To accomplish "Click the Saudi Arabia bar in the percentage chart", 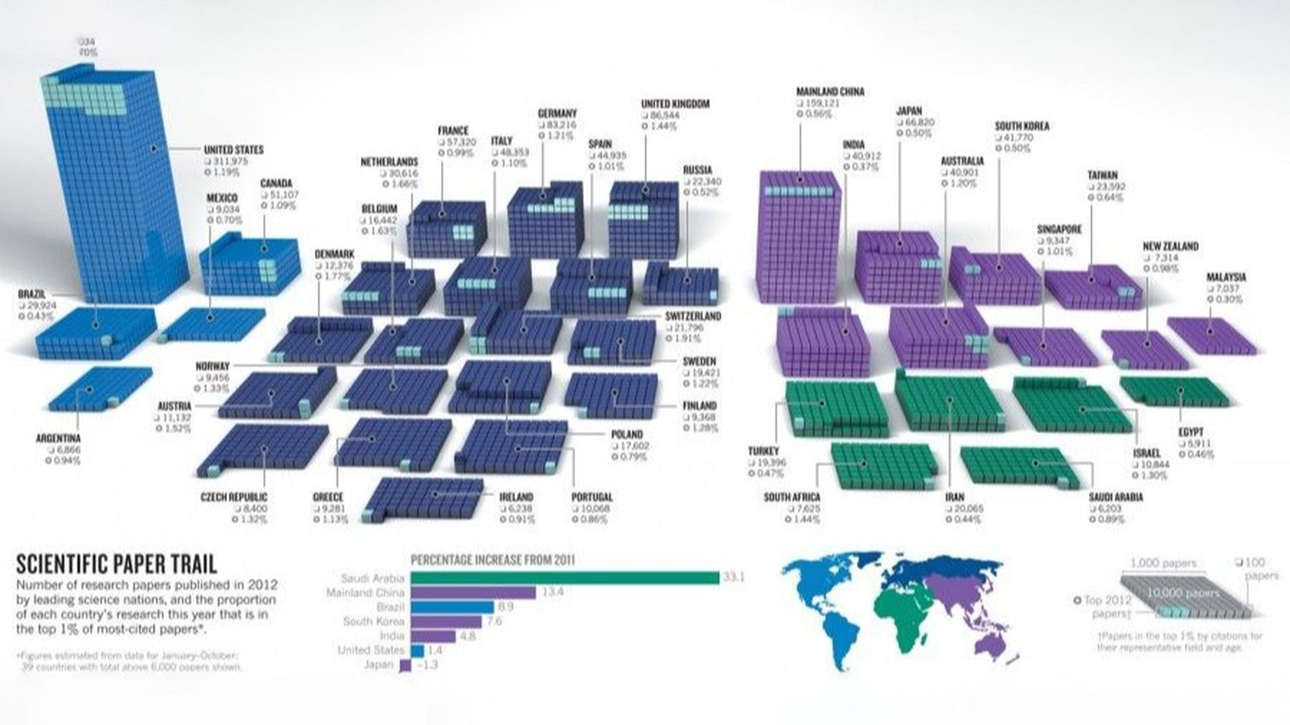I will coord(564,578).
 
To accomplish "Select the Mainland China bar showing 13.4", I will coord(473,592).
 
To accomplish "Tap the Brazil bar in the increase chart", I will coord(451,607).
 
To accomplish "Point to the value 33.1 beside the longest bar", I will coord(733,577).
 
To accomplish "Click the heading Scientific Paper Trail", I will coord(116,564).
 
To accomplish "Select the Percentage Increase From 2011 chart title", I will coord(493,560).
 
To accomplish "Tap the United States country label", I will coord(233,150).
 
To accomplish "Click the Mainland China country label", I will coord(830,92).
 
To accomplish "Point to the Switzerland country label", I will coord(693,316).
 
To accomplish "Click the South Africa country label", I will coord(791,497).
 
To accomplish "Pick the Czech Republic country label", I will coord(233,497).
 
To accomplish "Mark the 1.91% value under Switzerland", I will coord(690,339).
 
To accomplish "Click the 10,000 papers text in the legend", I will coord(1183,593).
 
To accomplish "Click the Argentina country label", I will coord(58,439).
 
